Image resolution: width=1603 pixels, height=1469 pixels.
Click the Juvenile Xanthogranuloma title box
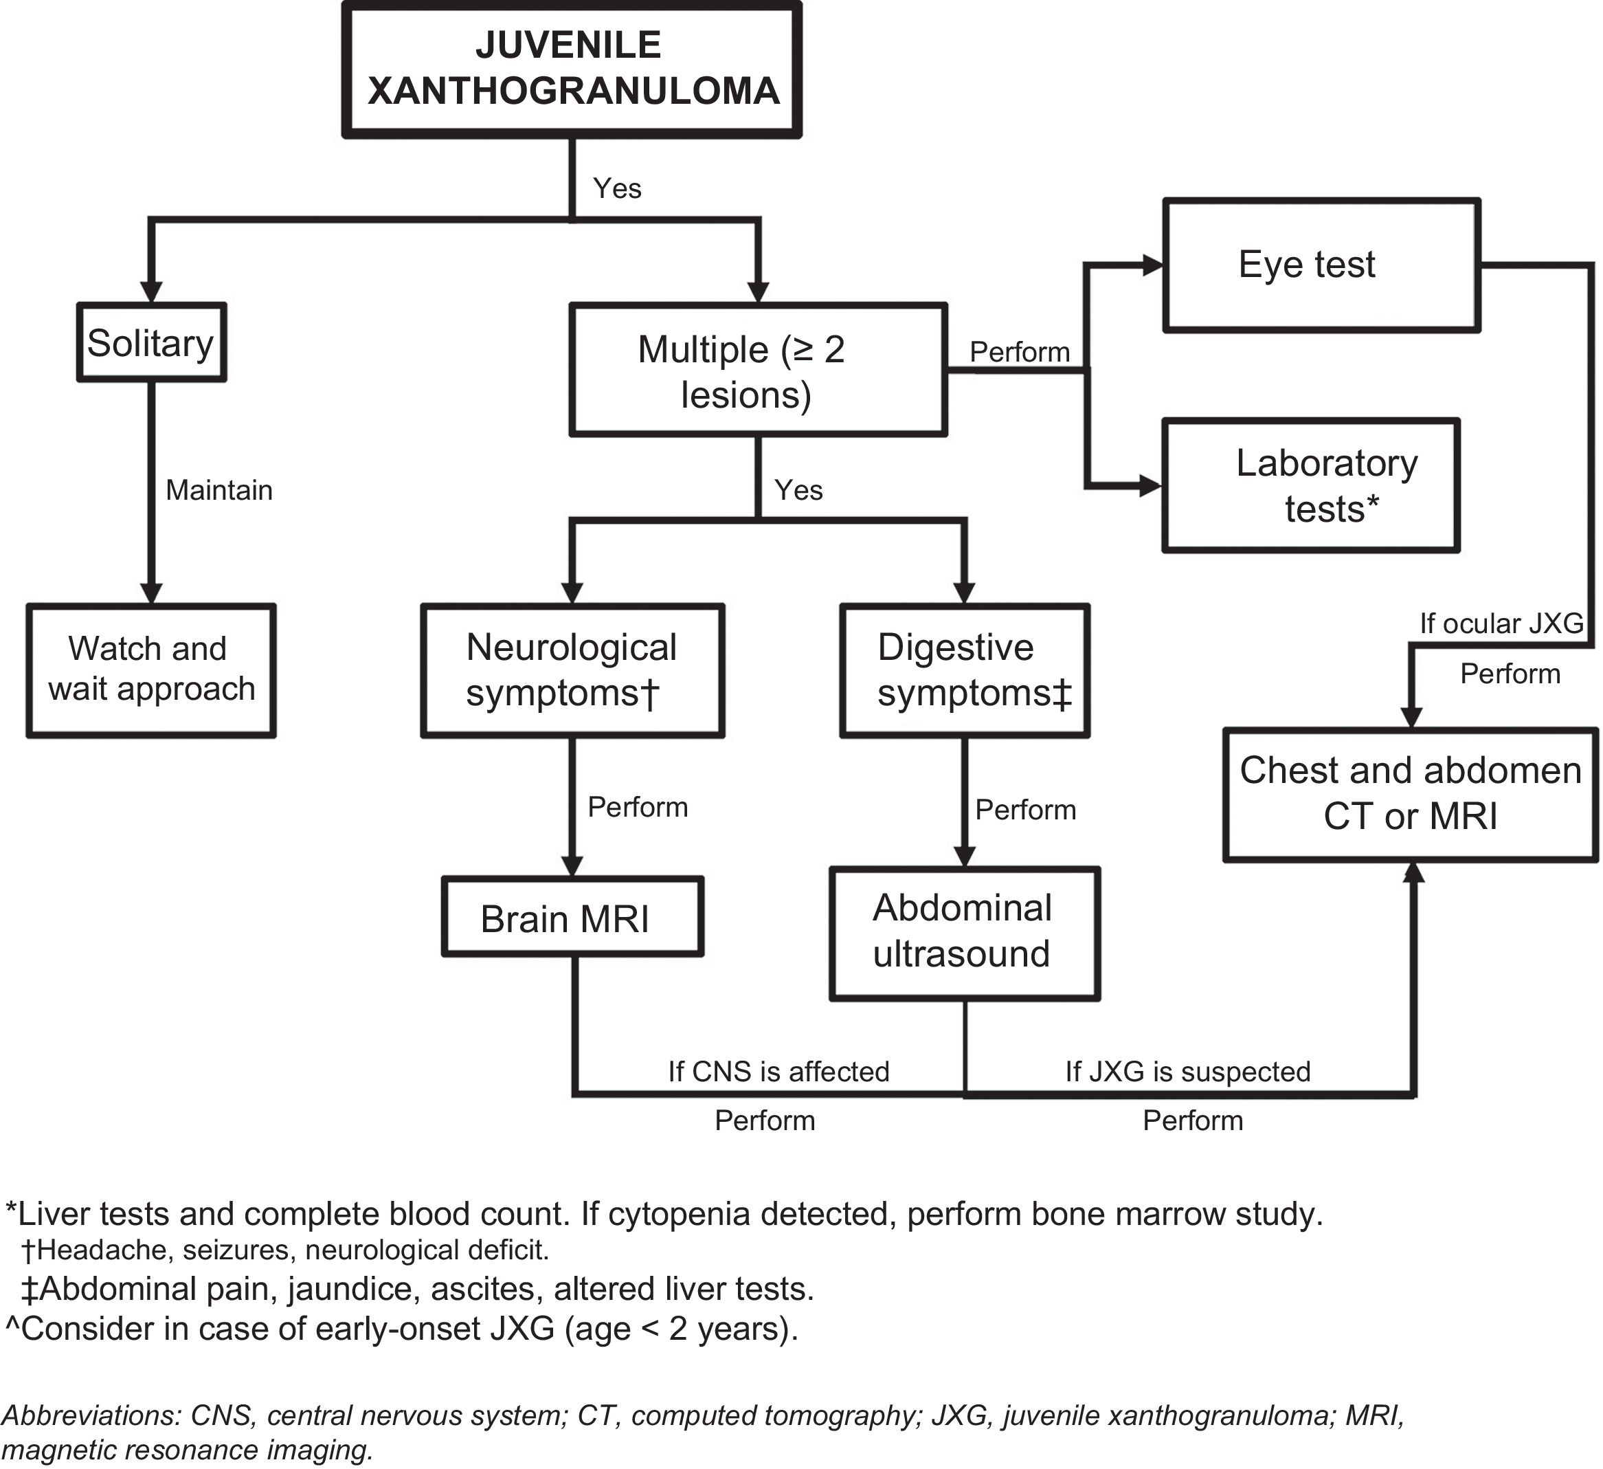click(x=572, y=69)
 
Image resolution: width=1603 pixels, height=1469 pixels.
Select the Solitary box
click(x=151, y=343)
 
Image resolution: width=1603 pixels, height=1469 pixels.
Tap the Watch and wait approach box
click(x=151, y=670)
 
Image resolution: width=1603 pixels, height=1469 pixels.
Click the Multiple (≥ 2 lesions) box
click(x=758, y=370)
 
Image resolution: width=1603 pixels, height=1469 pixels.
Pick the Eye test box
click(x=1321, y=265)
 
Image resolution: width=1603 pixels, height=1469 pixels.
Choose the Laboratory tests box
click(x=1310, y=485)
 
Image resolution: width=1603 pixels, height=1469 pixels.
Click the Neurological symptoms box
click(x=572, y=670)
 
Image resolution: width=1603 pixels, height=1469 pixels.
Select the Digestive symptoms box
click(x=964, y=670)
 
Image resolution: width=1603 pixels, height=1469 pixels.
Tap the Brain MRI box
click(x=572, y=918)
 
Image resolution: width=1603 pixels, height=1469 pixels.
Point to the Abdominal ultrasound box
click(x=964, y=932)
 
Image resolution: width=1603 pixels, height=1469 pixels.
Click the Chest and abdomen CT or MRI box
click(x=1410, y=793)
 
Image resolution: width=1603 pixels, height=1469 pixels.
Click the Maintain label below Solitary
click(x=218, y=490)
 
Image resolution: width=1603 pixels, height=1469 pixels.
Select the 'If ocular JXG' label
click(x=1501, y=623)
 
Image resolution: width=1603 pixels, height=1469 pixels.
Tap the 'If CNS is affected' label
click(x=778, y=1071)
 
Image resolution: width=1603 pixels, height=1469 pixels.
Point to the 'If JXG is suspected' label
click(x=1187, y=1071)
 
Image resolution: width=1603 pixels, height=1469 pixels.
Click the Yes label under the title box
click(x=617, y=188)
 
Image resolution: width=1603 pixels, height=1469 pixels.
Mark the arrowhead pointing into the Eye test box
click(x=1152, y=265)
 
